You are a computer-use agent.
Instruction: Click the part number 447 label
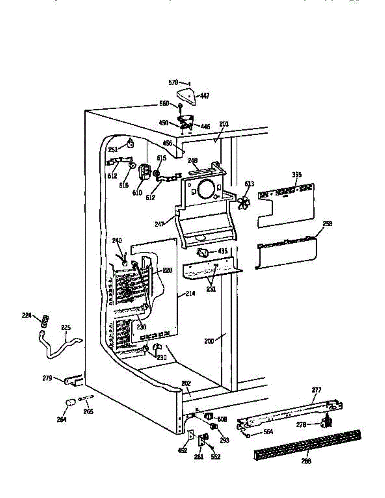coord(205,96)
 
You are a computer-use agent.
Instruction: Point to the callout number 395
coord(297,175)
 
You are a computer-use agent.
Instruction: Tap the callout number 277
coord(317,390)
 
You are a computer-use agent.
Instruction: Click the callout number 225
coord(66,327)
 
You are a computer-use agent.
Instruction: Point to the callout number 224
coord(27,315)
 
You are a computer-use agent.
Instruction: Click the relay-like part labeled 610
coord(145,173)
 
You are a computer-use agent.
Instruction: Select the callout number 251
coord(113,149)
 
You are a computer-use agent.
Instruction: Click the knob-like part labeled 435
coord(203,252)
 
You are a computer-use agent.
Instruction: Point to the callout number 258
coord(328,223)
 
